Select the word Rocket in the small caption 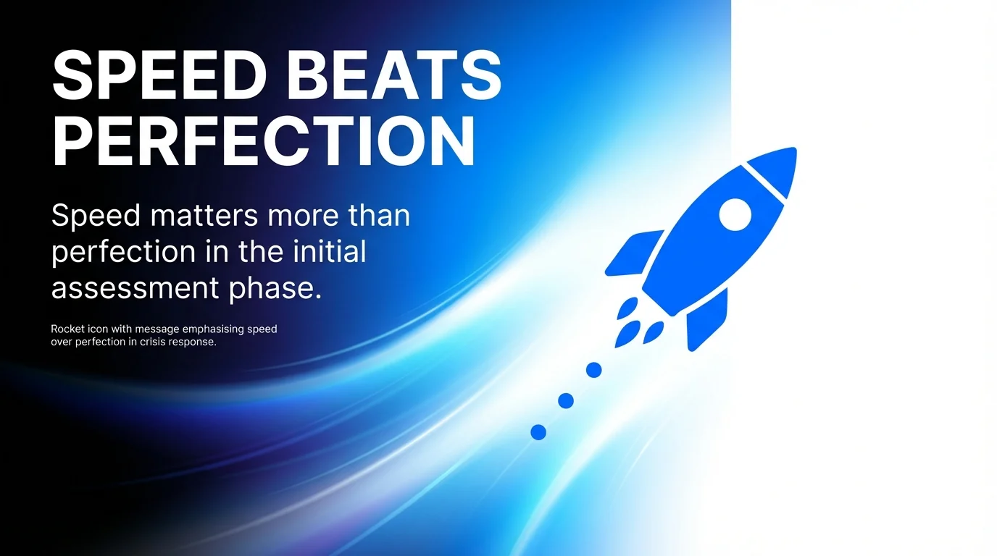67,329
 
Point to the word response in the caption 192,342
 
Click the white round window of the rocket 735,214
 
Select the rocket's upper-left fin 633,251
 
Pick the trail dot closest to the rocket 593,370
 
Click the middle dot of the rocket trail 566,400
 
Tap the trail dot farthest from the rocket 538,432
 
